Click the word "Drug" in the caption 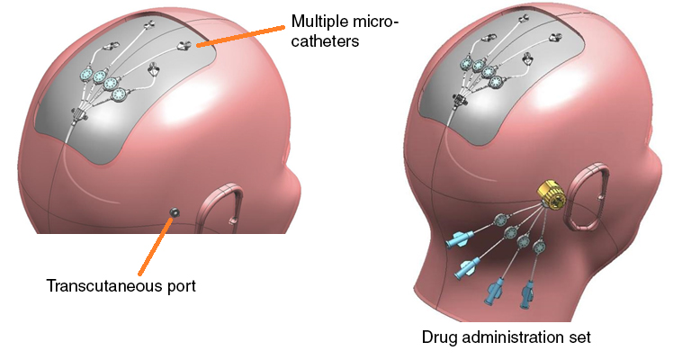coord(440,338)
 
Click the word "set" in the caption coord(579,338)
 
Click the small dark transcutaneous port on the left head coord(175,211)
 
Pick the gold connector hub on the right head coord(549,193)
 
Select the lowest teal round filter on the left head coord(113,89)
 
